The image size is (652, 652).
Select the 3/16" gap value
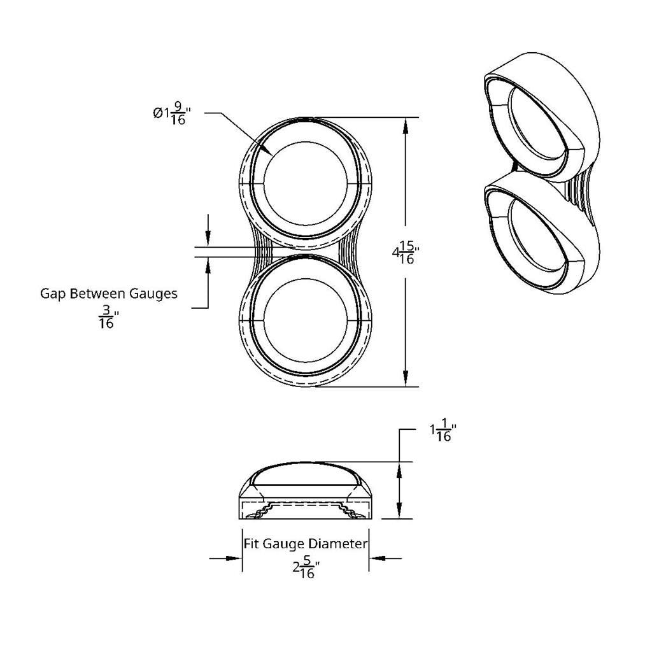coord(106,317)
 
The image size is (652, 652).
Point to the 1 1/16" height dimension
coord(443,433)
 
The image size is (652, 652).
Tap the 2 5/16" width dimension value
coord(305,567)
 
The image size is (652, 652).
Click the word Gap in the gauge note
coord(53,294)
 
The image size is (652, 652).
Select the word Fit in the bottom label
coord(252,544)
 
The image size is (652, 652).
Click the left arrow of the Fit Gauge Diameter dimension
coord(235,558)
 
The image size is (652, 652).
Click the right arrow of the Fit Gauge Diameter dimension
coord(376,558)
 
